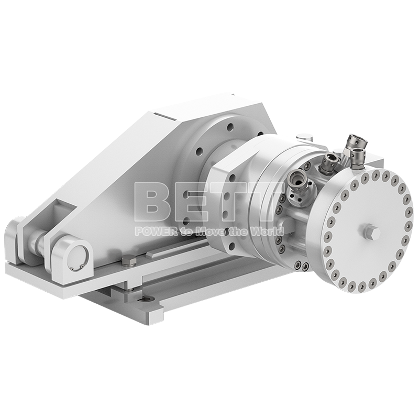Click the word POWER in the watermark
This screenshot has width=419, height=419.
point(151,231)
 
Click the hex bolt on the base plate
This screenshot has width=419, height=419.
point(127,259)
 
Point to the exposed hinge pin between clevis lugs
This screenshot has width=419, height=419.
point(40,242)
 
